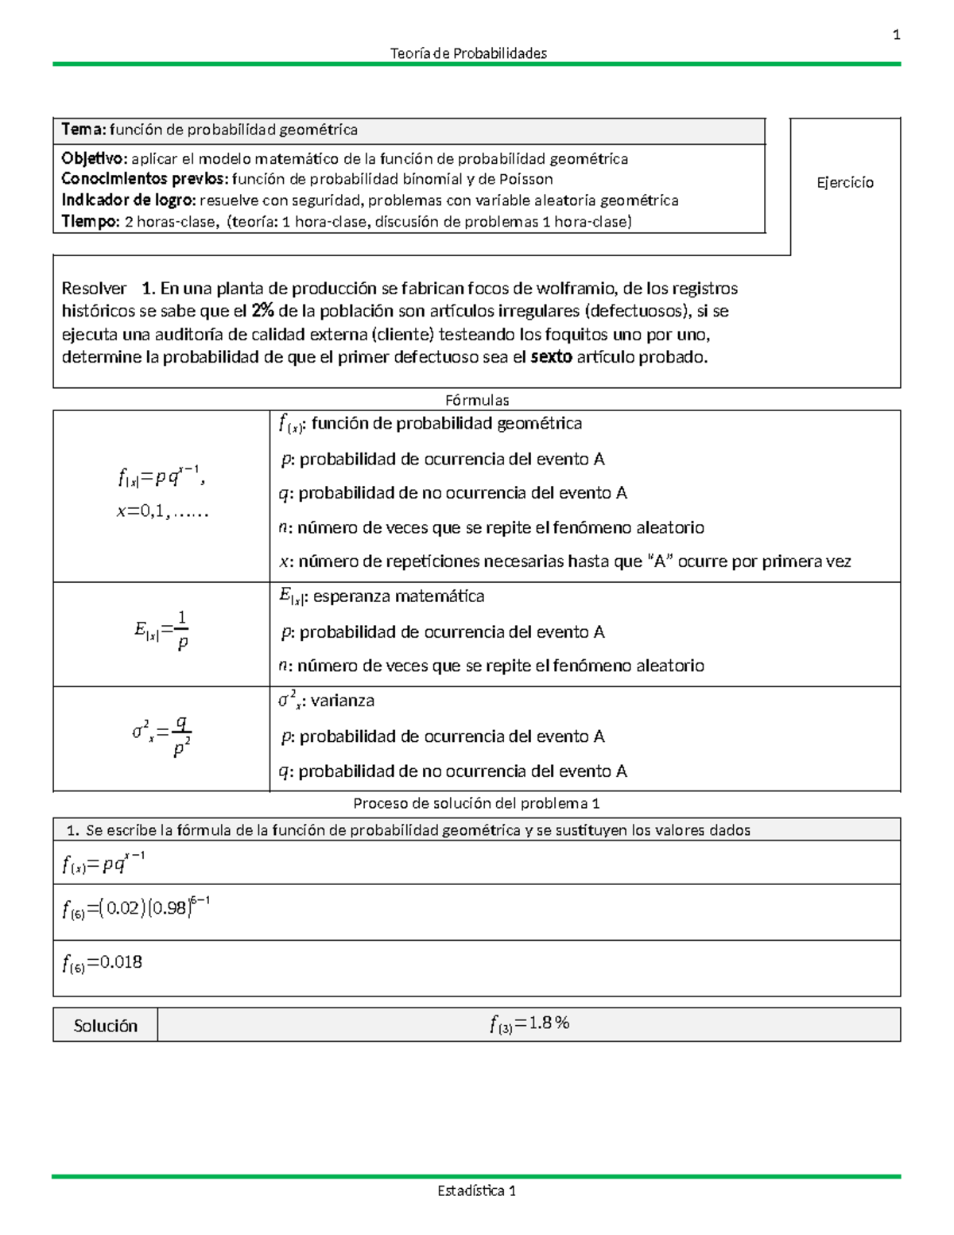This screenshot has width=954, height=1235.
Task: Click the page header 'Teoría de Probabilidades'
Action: [x=468, y=53]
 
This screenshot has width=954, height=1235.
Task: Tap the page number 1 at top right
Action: [x=896, y=35]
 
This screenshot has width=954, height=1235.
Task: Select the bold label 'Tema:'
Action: [x=83, y=130]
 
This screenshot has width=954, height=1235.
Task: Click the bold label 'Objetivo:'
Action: [x=94, y=159]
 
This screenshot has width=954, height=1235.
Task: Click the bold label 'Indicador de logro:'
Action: [x=128, y=200]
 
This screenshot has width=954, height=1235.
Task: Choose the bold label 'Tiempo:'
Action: [x=91, y=222]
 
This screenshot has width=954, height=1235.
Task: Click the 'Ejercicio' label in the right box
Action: [x=844, y=183]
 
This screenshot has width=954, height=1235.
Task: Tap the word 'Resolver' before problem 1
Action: [x=94, y=289]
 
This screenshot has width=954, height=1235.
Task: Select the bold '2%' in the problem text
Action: [x=262, y=311]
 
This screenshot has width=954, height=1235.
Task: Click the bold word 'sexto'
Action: [x=551, y=357]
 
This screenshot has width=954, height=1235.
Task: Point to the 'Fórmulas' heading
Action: [x=477, y=400]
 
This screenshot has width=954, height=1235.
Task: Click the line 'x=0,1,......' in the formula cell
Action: [x=162, y=512]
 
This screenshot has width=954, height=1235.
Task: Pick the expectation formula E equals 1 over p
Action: [x=162, y=631]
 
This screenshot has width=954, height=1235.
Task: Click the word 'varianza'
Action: [x=342, y=701]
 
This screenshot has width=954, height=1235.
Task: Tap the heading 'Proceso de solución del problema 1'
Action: [x=476, y=803]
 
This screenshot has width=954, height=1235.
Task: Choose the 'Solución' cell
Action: [x=105, y=1026]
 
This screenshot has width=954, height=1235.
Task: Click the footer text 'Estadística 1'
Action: [x=476, y=1190]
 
